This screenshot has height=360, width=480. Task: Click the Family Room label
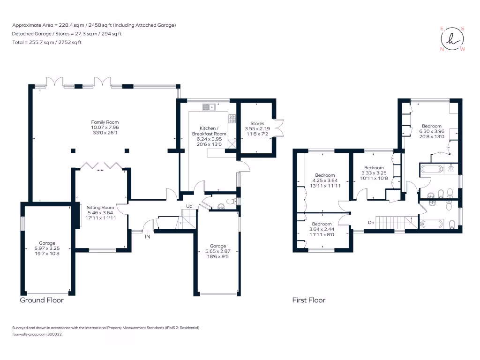(102, 122)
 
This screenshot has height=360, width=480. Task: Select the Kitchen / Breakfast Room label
(209, 131)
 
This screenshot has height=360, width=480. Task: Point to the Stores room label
(257, 123)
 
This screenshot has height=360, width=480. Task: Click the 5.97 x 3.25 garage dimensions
(47, 248)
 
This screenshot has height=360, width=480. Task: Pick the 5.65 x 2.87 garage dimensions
(217, 251)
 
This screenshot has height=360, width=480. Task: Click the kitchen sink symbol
(209, 107)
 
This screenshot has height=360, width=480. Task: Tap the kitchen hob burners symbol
(232, 119)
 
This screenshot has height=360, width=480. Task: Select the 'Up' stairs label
(189, 206)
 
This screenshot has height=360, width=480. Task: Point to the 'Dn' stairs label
(371, 222)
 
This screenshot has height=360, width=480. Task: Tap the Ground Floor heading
(41, 300)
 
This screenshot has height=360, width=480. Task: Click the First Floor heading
(308, 300)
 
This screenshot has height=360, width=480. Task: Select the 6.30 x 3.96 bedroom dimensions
(431, 131)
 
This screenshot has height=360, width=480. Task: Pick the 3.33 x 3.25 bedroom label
(374, 168)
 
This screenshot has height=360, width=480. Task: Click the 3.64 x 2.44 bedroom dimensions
(322, 229)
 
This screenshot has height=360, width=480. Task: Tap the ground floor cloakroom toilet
(230, 202)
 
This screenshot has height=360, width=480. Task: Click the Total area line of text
(47, 43)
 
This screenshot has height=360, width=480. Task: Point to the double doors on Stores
(280, 127)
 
